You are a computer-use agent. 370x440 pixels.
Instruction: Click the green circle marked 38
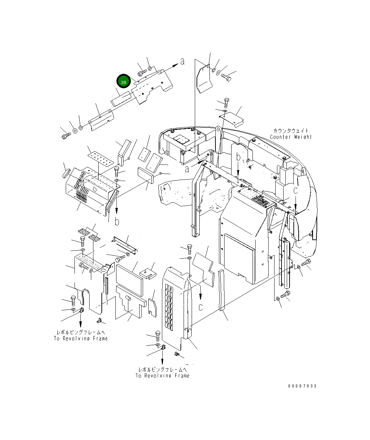click(x=123, y=82)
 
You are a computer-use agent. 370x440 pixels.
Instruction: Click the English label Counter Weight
click(x=290, y=137)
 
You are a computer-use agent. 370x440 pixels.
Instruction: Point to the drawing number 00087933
click(x=302, y=386)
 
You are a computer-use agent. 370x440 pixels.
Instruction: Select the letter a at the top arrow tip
click(x=182, y=62)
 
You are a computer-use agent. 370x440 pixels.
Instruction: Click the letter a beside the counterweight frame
click(x=187, y=169)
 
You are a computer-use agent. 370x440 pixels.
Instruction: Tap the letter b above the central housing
click(x=238, y=158)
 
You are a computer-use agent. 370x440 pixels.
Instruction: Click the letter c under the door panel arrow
click(x=200, y=307)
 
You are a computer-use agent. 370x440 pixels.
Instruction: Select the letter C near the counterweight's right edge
click(x=296, y=191)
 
